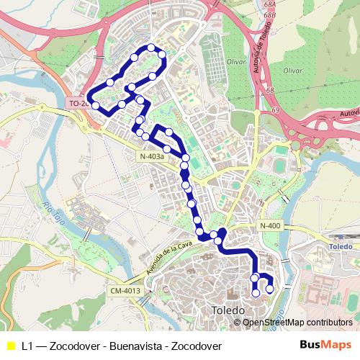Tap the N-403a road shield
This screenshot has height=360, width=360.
coord(152,156)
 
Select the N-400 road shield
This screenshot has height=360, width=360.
coord(270,226)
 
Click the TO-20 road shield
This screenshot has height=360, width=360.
coord(77,104)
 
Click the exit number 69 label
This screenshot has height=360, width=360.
coord(276,110)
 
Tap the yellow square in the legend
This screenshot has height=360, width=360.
coord(10,345)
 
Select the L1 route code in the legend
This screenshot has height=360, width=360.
coord(28,345)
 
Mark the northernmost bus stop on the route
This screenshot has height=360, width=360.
coord(151,48)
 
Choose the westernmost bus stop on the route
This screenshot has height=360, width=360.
coord(95,106)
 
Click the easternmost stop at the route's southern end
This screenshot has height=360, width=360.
coord(270,289)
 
